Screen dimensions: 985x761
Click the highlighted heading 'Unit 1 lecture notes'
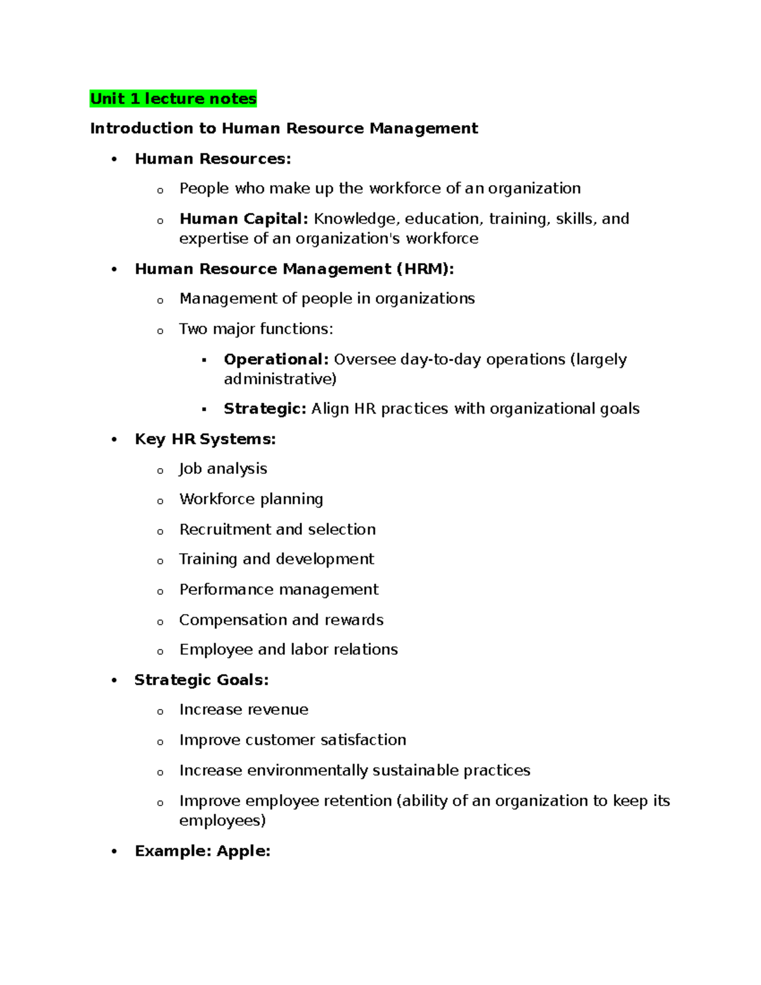[173, 99]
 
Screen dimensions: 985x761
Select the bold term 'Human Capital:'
[244, 219]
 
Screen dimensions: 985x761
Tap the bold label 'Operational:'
[276, 360]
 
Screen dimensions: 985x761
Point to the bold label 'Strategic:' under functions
[264, 409]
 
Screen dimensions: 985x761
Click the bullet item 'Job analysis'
[223, 469]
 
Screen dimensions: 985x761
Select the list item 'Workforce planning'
[251, 499]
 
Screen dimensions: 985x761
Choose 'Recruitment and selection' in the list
[277, 530]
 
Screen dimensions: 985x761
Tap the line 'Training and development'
[276, 559]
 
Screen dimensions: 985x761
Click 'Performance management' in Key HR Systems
[278, 590]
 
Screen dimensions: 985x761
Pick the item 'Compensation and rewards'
[281, 620]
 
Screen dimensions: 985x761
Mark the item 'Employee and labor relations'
[289, 650]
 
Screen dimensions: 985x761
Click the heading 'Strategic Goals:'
[202, 681]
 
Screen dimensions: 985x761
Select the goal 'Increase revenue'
[244, 710]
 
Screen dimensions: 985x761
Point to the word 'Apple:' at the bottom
[244, 851]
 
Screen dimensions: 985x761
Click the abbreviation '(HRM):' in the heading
[426, 270]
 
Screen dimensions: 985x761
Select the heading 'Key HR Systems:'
[205, 440]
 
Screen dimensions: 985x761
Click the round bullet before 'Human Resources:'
[114, 160]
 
